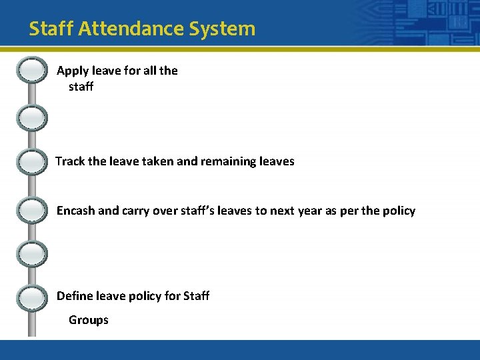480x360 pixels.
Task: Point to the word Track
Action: pos(71,161)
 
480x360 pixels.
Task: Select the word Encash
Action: pos(75,211)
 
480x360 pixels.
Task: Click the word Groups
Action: pos(89,320)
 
